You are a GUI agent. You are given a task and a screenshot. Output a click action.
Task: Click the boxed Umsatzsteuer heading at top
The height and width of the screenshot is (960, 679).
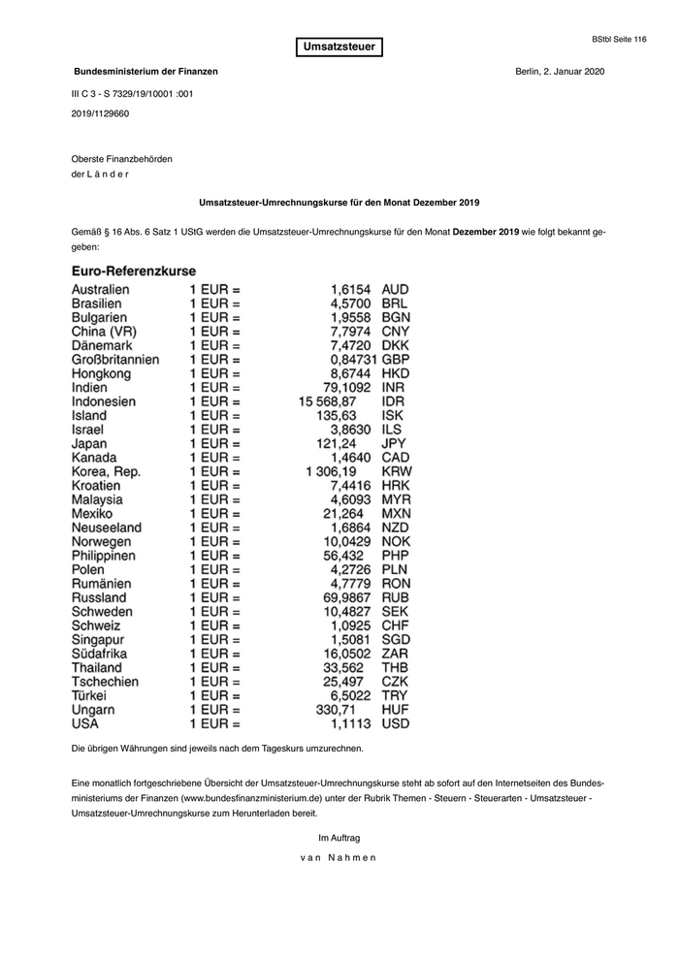(339, 47)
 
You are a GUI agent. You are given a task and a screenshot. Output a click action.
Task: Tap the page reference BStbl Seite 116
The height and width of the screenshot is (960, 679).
(618, 39)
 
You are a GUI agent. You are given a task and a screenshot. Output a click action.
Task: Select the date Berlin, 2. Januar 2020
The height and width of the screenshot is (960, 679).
(561, 72)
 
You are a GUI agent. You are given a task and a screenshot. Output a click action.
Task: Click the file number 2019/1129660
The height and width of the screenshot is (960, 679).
(100, 113)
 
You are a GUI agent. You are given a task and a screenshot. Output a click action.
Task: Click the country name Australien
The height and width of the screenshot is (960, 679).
(101, 289)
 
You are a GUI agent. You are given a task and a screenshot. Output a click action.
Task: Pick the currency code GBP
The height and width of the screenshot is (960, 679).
(398, 359)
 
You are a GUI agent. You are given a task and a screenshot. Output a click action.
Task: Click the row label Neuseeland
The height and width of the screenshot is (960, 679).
(107, 528)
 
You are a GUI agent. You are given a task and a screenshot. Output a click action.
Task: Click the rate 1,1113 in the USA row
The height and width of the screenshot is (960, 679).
(351, 723)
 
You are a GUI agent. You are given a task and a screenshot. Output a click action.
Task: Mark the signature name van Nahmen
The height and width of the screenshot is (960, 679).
(339, 857)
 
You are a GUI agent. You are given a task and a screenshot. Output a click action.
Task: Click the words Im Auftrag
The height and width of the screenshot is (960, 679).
(339, 837)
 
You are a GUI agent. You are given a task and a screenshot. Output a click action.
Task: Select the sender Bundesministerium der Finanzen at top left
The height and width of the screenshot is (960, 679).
(146, 72)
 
